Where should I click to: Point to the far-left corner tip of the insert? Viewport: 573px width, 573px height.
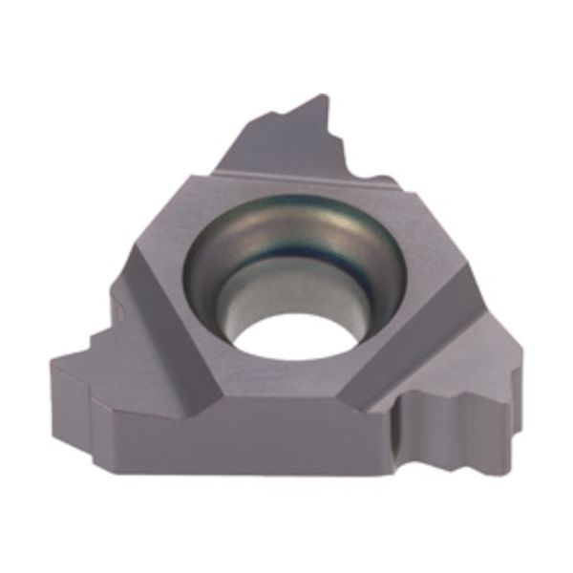coord(53,361)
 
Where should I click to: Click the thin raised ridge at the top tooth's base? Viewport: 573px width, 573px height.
coord(286,173)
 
